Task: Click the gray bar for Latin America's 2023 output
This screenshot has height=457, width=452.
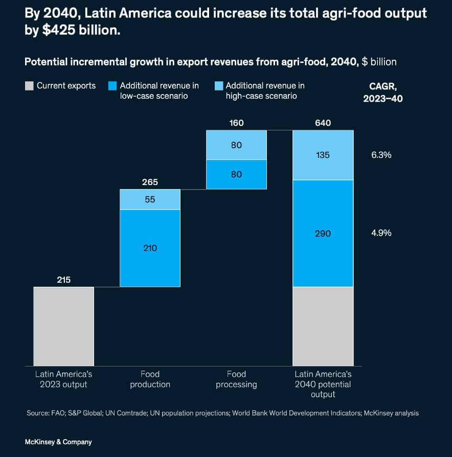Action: pos(63,326)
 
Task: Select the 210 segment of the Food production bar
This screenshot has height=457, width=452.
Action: pos(150,248)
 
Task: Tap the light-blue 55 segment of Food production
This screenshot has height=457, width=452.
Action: pos(150,199)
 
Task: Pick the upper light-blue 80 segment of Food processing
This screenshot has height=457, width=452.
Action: pos(236,145)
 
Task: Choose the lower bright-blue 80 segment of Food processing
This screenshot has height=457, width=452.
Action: pos(236,174)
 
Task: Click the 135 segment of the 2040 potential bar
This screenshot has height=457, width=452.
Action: pos(323,155)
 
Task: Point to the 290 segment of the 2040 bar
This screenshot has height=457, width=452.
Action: pos(323,233)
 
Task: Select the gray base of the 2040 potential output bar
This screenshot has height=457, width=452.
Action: pos(323,326)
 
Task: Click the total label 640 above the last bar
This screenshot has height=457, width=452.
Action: pos(323,123)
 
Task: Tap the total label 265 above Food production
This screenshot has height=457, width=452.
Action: pos(150,182)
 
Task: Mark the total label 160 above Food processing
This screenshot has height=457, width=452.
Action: pos(236,123)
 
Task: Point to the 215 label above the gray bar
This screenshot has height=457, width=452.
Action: pos(63,280)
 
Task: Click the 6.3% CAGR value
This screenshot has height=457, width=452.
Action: pos(381,155)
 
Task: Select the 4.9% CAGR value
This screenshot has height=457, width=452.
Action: pos(381,233)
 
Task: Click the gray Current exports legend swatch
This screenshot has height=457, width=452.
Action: pos(29,86)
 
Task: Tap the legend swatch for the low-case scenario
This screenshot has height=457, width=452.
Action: pos(112,86)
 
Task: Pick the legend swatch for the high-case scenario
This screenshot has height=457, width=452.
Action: pos(218,86)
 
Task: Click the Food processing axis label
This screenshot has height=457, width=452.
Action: pos(236,379)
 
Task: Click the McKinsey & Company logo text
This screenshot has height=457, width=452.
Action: pos(58,442)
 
